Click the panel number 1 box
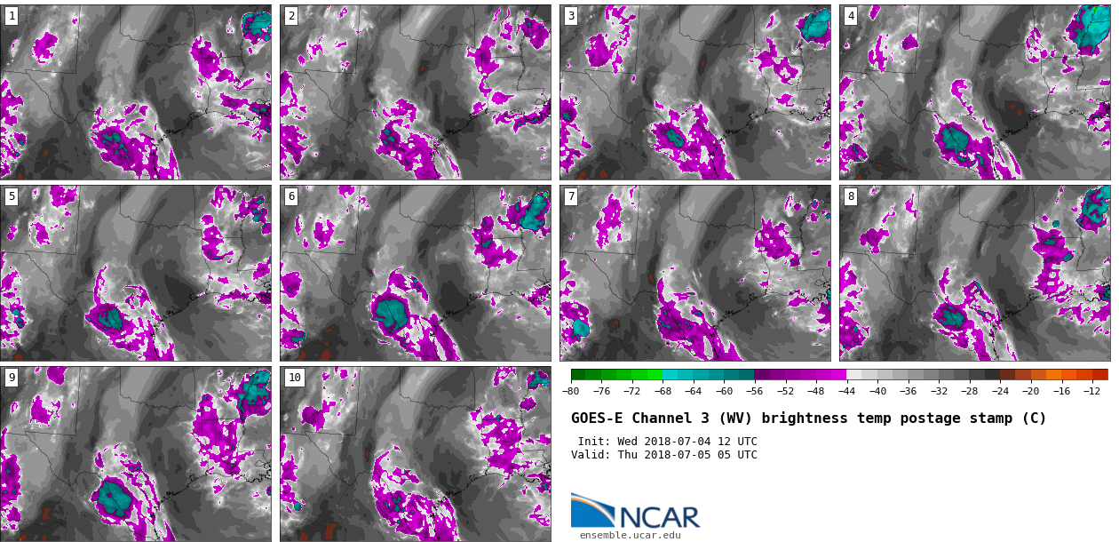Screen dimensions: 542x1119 11,16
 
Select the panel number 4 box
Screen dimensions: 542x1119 850,16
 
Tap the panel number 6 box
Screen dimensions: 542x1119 290,196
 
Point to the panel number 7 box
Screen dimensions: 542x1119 570,196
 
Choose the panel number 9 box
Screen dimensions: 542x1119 11,378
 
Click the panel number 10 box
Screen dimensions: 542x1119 294,378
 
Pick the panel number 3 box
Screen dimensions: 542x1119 570,16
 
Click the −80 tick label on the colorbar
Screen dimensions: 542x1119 571,391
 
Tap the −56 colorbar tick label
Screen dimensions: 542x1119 754,391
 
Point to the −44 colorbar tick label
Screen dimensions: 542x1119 846,391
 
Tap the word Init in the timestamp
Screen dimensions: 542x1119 592,442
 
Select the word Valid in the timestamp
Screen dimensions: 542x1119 591,455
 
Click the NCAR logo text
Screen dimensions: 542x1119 659,516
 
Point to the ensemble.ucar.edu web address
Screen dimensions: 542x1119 630,535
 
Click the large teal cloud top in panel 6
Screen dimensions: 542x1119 390,311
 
